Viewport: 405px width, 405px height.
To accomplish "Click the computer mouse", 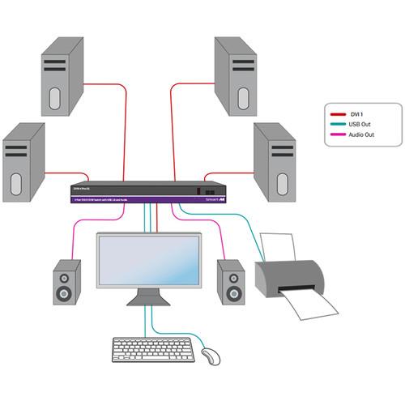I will (x=210, y=356).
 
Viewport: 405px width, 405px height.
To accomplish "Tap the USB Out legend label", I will (x=360, y=124).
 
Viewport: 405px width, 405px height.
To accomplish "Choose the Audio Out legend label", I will (x=362, y=134).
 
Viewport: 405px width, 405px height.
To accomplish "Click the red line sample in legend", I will (x=334, y=114).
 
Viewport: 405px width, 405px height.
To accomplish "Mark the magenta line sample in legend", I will (x=334, y=134).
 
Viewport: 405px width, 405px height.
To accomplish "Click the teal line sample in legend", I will (x=334, y=124).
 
